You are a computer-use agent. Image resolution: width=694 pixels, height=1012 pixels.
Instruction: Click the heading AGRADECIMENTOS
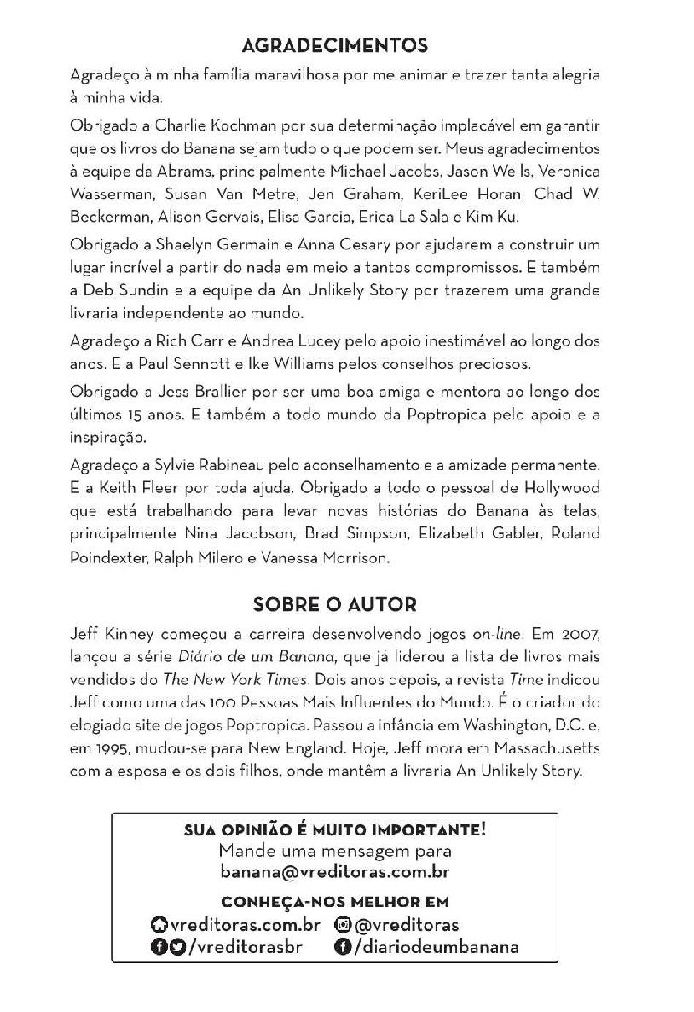334,45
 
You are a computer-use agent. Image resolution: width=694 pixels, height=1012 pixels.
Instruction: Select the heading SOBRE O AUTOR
334,605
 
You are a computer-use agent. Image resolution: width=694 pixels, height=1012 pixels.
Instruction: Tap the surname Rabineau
230,467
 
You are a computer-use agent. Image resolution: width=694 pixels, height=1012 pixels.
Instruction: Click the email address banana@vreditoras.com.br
334,873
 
